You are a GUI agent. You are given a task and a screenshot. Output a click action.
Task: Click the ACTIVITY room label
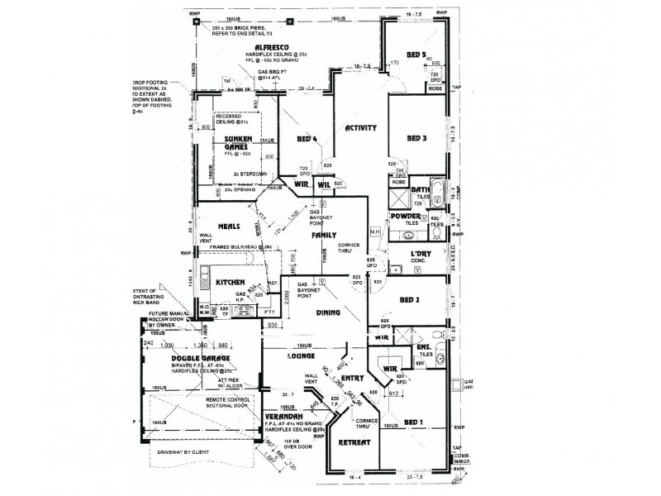[360, 128]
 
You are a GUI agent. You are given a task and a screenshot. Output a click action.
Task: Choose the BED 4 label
[307, 140]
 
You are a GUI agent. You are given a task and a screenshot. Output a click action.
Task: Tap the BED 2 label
[410, 300]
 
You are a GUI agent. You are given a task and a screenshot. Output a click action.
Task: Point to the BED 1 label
[414, 422]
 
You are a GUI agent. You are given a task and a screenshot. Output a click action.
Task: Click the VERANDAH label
[282, 416]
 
